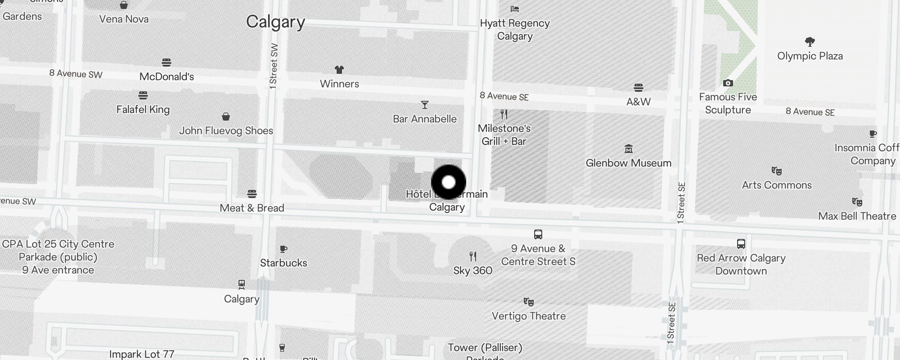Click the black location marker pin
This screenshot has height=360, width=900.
click(x=449, y=182)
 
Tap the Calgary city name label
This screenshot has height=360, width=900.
click(x=275, y=22)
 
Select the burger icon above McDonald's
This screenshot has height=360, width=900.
click(x=166, y=62)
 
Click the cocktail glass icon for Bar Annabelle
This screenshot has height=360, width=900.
click(x=424, y=105)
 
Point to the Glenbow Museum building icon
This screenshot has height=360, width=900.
click(x=629, y=148)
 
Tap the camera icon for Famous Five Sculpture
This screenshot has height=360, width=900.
click(x=728, y=83)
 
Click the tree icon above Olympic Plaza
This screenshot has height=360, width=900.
click(x=810, y=42)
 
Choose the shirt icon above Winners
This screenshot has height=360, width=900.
click(x=339, y=70)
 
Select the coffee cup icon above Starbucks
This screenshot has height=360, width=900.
click(x=283, y=249)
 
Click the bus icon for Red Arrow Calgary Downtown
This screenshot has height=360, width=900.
click(x=741, y=244)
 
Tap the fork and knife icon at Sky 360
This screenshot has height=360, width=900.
click(x=472, y=256)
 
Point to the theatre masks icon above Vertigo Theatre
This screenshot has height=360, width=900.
click(x=528, y=302)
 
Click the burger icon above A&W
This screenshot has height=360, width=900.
click(x=638, y=87)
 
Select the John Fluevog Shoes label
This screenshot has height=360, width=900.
click(x=226, y=131)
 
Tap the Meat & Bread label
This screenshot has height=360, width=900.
click(x=252, y=208)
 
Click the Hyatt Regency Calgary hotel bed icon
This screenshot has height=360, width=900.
click(x=515, y=9)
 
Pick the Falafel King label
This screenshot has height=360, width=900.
click(x=143, y=109)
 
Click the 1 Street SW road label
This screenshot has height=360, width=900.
click(x=273, y=66)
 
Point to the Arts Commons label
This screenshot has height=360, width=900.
click(x=777, y=185)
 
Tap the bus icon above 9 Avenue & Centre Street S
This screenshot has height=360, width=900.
click(x=538, y=234)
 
